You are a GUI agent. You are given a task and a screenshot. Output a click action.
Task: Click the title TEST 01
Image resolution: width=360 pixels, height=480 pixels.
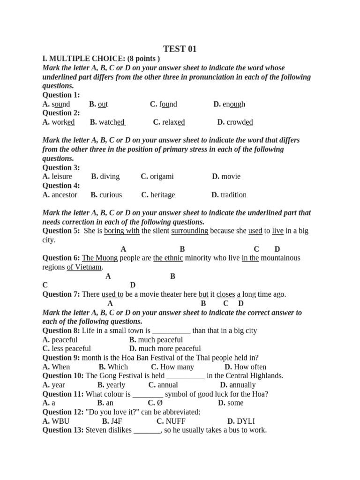click(x=180, y=49)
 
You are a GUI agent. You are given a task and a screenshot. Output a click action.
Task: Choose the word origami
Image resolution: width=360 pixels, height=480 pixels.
click(x=162, y=177)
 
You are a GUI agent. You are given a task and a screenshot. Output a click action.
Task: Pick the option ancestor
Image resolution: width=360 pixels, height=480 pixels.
click(x=64, y=195)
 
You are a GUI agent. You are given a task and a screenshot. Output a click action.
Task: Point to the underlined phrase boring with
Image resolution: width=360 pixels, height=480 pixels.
click(x=122, y=231)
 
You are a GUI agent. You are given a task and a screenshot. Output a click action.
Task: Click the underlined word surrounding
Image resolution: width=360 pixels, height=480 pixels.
click(x=189, y=231)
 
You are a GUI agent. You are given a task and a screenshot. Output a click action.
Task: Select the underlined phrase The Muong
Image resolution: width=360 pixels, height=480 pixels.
click(x=100, y=258)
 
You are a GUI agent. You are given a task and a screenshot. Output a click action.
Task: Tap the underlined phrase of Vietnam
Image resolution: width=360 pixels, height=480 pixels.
click(x=84, y=267)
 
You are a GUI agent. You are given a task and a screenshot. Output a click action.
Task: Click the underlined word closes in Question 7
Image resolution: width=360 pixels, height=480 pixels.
click(x=225, y=294)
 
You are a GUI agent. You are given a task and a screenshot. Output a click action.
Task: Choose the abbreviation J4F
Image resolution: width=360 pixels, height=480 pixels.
click(x=116, y=421)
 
